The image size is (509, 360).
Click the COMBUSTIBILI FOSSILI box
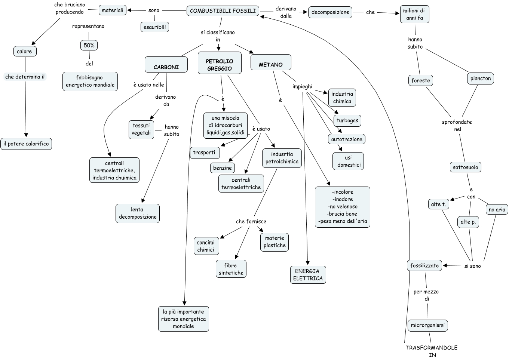tap(223, 11)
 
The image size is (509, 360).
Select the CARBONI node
tap(166, 65)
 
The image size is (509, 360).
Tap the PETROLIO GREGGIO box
tap(220, 63)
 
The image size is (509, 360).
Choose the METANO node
tap(270, 62)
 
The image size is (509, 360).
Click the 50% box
tap(89, 45)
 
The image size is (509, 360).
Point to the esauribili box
tap(154, 27)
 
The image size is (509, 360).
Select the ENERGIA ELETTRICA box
tap(308, 275)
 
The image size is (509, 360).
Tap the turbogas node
tap(347, 120)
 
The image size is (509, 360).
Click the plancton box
tap(480, 79)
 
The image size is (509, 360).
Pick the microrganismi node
tap(427, 325)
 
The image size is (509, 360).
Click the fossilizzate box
tap(424, 265)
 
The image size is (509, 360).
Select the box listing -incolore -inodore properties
tap(342, 207)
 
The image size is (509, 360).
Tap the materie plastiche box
tap(275, 242)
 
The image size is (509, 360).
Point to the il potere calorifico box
tap(26, 144)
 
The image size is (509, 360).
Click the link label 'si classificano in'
tap(218, 36)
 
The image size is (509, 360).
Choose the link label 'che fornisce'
tap(251, 221)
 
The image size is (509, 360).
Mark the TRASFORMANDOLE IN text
tap(432, 351)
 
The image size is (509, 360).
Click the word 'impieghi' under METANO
tap(302, 86)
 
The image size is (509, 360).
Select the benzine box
tap(223, 168)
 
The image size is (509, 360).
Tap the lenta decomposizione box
tap(138, 213)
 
